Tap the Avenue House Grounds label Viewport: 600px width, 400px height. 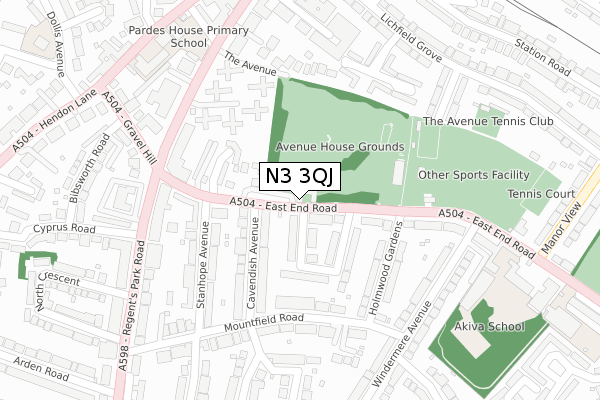340,147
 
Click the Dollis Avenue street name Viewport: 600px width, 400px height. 44,46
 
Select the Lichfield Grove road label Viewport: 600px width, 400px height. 409,35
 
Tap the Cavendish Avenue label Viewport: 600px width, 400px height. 255,271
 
